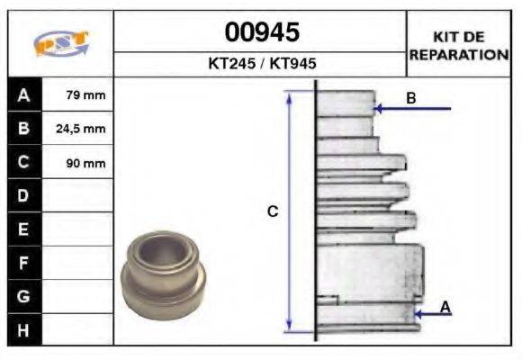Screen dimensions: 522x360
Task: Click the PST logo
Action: pyautogui.click(x=61, y=43)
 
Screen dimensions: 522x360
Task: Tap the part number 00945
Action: pyautogui.click(x=262, y=32)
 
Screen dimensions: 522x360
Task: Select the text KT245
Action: pyautogui.click(x=231, y=63)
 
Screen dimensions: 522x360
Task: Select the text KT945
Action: pyautogui.click(x=292, y=63)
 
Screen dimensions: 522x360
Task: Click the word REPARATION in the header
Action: pyautogui.click(x=459, y=55)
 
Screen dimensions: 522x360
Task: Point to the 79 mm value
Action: pyautogui.click(x=85, y=94)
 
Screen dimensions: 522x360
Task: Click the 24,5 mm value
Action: pyautogui.click(x=81, y=129)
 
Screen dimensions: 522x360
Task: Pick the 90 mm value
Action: pyautogui.click(x=85, y=163)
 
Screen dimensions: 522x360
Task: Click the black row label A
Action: pyautogui.click(x=24, y=94)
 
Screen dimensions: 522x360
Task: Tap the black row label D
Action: pyautogui.click(x=24, y=195)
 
